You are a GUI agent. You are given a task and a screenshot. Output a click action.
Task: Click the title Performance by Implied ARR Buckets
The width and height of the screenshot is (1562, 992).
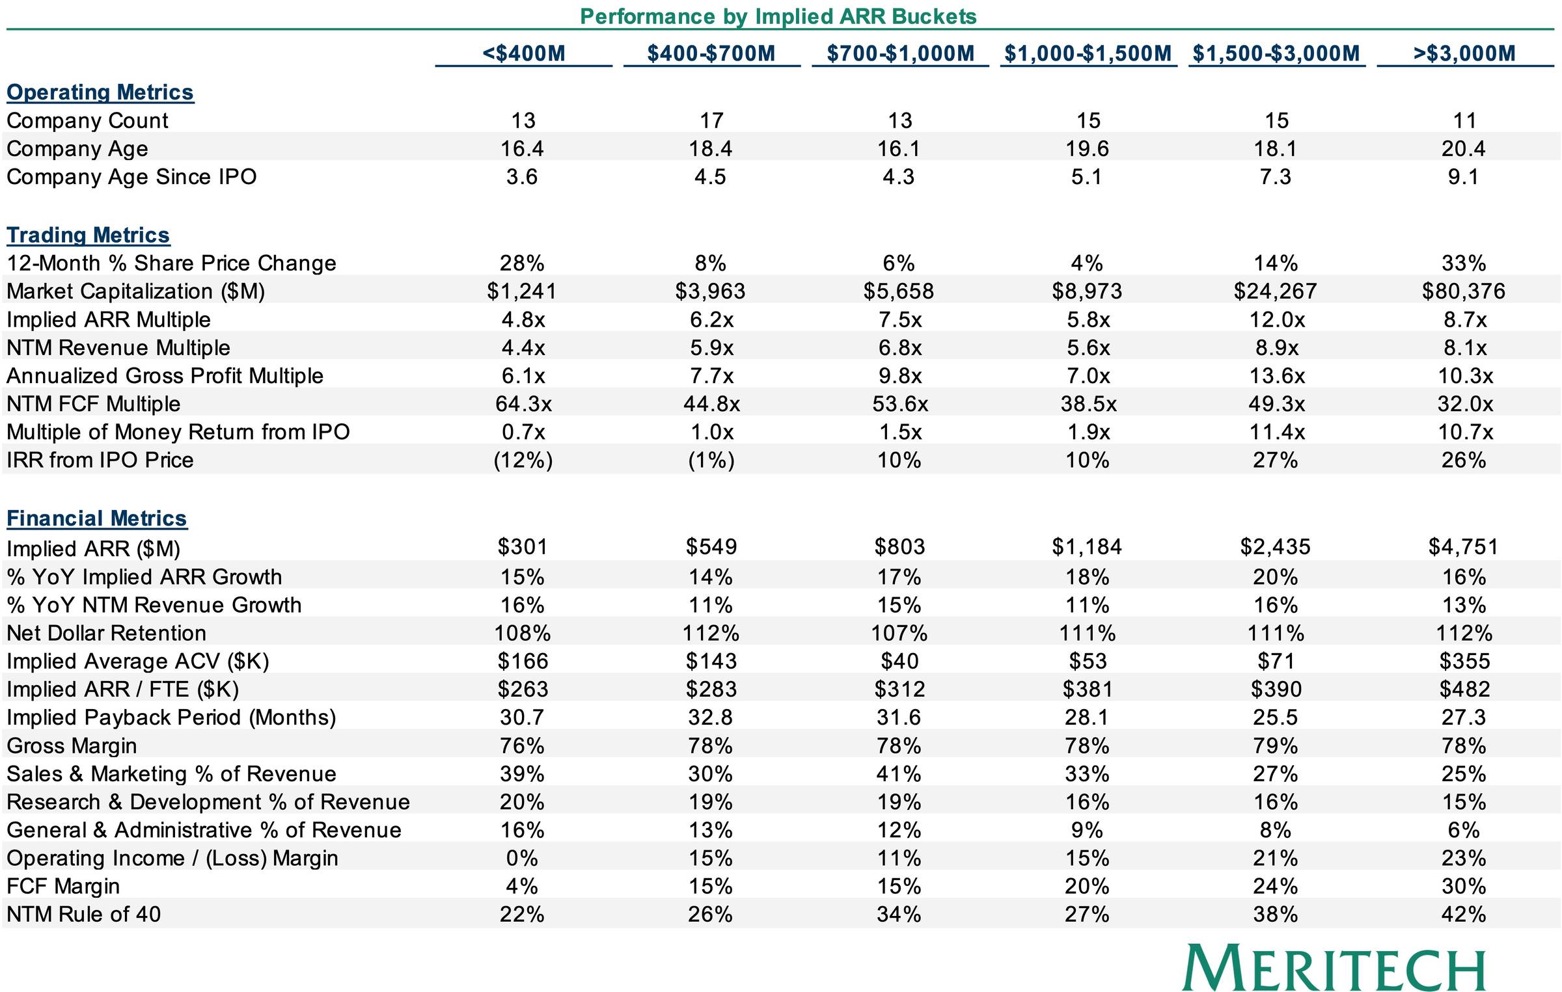pos(778,16)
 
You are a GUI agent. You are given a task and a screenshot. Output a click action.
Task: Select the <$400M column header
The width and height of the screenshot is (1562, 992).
pos(524,53)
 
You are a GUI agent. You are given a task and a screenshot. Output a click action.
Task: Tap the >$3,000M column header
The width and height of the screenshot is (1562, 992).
pos(1464,53)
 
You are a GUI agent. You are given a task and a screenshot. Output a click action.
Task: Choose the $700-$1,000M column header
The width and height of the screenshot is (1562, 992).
pos(901,53)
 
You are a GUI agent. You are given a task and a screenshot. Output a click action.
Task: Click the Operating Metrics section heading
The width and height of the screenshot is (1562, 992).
pos(100,92)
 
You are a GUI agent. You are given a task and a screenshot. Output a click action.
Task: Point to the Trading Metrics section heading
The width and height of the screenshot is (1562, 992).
pos(89,235)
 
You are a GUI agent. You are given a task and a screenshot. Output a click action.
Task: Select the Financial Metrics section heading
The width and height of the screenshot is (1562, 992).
pos(97,518)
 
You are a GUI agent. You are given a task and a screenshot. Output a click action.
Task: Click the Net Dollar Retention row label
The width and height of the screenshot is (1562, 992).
pos(106,633)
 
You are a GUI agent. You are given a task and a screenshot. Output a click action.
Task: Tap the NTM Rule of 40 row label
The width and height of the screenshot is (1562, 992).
pos(83,914)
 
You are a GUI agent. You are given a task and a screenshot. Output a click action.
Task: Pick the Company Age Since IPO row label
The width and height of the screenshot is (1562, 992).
pos(131,177)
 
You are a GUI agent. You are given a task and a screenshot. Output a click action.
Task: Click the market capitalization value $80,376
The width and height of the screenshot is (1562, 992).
pos(1464,291)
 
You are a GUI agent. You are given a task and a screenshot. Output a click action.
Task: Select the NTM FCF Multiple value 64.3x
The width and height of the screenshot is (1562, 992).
pos(523,404)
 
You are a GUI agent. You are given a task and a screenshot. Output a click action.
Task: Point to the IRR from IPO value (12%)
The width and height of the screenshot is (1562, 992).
pos(523,461)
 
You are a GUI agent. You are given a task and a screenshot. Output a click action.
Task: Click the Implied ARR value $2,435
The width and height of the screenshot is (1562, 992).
pos(1276,547)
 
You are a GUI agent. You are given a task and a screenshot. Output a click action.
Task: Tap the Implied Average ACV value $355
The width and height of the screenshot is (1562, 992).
pos(1464,662)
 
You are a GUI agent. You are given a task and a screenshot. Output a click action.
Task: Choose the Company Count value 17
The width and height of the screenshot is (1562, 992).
pos(711,120)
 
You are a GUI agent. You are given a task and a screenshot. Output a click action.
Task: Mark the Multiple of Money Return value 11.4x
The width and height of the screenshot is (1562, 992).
pos(1276,432)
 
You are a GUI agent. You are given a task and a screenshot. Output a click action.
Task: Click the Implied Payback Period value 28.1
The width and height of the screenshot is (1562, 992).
pos(1087,717)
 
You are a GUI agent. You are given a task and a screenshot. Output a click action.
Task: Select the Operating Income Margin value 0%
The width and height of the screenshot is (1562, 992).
pos(522,858)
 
